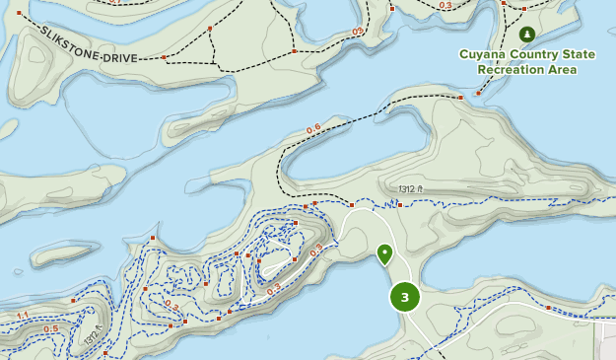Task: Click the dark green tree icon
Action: [x=526, y=35]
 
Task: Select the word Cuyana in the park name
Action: [x=483, y=54]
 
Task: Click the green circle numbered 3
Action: [x=404, y=296]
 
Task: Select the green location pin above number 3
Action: [x=384, y=254]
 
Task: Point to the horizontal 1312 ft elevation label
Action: [x=411, y=189]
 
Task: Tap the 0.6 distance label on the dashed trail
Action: [x=313, y=128]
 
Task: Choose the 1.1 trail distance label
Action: [x=23, y=316]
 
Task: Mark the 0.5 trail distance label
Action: [x=50, y=328]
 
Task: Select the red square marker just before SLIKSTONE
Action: [x=19, y=13]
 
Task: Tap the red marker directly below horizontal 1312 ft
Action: [x=400, y=205]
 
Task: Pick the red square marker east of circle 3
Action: [x=548, y=307]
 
